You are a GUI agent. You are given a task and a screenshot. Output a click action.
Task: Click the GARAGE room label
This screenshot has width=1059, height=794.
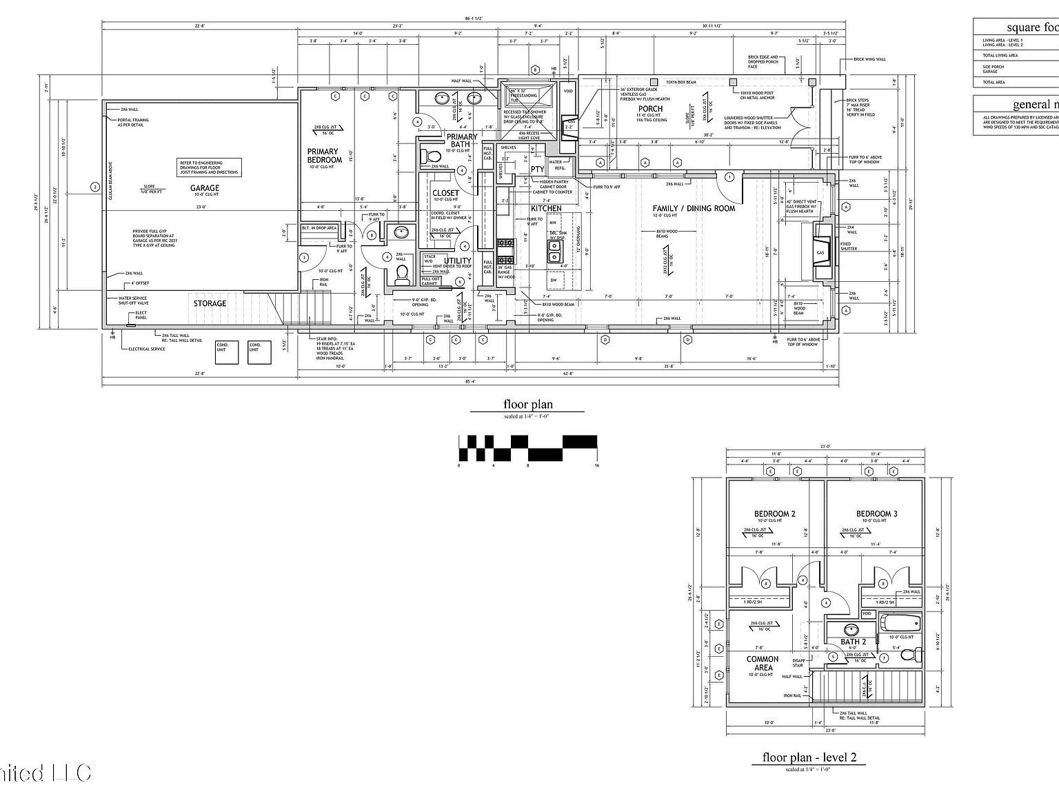tap(205, 187)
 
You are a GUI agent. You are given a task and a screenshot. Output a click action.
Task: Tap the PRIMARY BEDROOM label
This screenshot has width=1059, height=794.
tap(323, 156)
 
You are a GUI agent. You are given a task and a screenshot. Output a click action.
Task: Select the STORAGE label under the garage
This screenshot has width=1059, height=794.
tap(210, 303)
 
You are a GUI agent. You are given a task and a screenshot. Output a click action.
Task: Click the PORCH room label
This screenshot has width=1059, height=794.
tap(650, 108)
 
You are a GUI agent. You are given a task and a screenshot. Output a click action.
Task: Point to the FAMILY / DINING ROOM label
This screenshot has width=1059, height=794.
tap(694, 208)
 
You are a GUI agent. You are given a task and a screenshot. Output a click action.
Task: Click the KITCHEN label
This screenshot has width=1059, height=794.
tap(545, 208)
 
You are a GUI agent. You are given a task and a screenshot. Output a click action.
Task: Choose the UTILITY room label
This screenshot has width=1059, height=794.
tap(458, 261)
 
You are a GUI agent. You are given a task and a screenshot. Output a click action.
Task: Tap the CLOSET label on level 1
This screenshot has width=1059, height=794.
tap(445, 194)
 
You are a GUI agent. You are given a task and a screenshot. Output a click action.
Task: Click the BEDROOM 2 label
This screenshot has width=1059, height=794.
tap(774, 513)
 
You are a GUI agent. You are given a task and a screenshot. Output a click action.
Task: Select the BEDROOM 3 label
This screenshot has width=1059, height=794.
tap(876, 513)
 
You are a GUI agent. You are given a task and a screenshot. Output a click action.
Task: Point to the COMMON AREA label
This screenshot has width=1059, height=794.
tap(763, 663)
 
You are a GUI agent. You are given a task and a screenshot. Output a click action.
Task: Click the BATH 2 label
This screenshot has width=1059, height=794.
tap(853, 642)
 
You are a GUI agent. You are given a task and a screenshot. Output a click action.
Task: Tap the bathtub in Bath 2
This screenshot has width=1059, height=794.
tap(900, 623)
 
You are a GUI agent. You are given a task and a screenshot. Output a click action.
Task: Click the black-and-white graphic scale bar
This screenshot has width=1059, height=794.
tap(527, 448)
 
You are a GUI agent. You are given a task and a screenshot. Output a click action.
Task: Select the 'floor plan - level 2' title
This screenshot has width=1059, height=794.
tap(809, 757)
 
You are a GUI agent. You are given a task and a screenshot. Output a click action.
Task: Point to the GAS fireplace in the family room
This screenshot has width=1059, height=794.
tap(822, 252)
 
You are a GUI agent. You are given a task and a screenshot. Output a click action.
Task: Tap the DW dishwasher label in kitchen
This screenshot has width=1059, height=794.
tap(553, 280)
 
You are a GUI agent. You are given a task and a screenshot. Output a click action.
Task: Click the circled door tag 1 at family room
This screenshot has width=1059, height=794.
tap(729, 177)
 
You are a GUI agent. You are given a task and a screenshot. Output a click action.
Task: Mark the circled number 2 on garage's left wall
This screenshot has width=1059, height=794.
tap(95, 187)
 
